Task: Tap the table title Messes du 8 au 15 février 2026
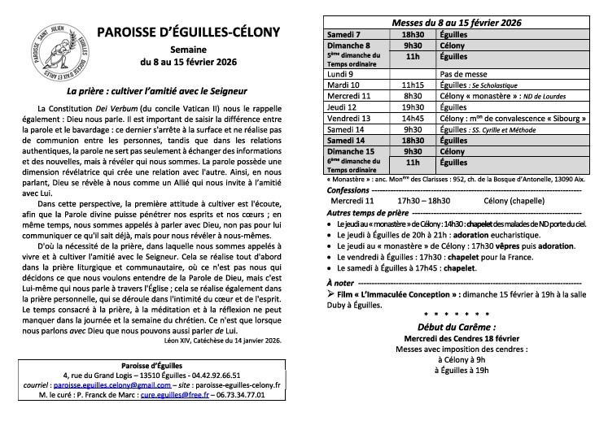tap(457, 24)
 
